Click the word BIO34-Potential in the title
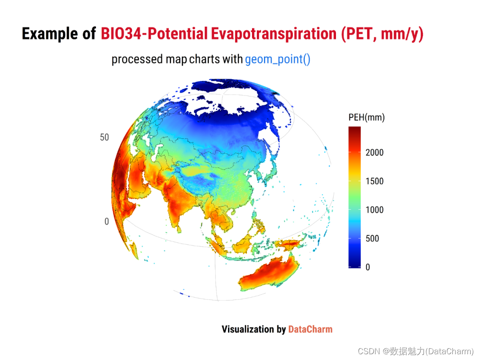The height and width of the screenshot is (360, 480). [154, 34]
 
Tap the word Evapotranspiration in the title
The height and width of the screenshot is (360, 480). [274, 34]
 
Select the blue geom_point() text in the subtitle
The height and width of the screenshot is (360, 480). [278, 59]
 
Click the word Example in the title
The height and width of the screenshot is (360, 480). [50, 34]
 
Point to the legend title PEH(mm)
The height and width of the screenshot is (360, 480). [366, 117]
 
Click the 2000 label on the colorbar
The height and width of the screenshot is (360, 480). [374, 152]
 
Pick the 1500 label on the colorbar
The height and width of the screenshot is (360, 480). [374, 181]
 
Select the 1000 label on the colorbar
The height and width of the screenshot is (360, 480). [374, 210]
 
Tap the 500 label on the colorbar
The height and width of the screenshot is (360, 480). [372, 239]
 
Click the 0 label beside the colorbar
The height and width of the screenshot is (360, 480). [368, 267]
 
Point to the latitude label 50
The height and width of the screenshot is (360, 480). [104, 137]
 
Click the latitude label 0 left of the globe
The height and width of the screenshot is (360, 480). [107, 221]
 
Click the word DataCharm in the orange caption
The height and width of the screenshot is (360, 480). [310, 329]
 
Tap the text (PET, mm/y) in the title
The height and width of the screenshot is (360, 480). [382, 34]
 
